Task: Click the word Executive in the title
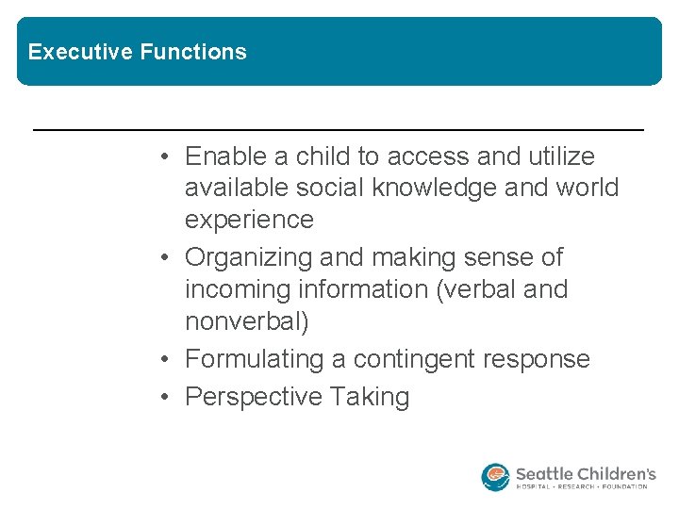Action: (x=81, y=52)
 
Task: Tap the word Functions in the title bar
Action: (x=193, y=52)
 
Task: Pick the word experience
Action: (x=249, y=220)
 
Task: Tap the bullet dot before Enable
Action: (x=164, y=156)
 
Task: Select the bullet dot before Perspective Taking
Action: (x=164, y=398)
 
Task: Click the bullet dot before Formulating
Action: (x=164, y=360)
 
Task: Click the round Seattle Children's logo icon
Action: (x=495, y=477)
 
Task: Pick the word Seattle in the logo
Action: (x=546, y=472)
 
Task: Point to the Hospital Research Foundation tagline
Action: (x=582, y=487)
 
